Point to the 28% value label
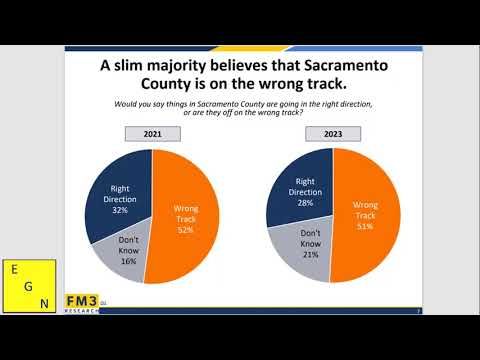coord(304,203)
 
